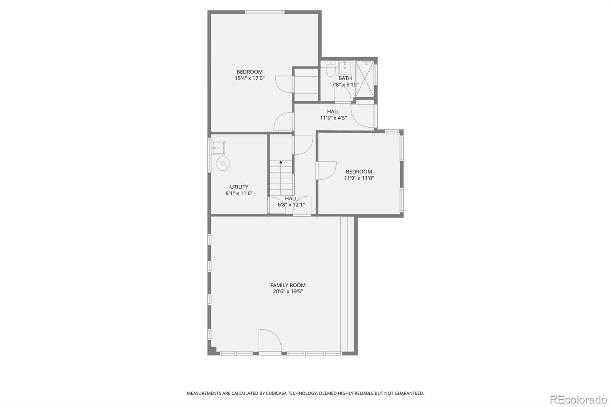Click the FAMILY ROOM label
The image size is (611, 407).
click(x=288, y=285)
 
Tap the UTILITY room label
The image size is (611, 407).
click(x=239, y=187)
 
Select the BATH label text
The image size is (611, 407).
click(x=345, y=78)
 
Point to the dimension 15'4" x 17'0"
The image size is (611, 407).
click(x=249, y=78)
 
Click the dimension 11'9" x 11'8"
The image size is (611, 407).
click(x=359, y=178)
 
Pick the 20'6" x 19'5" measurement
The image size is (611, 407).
click(x=288, y=292)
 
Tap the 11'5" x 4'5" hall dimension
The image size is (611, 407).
click(x=333, y=118)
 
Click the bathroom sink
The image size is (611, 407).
click(x=345, y=68)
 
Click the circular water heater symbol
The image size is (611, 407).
click(x=223, y=164)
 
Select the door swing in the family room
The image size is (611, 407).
click(x=269, y=341)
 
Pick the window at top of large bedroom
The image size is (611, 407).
click(x=265, y=12)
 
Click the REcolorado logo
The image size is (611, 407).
click(x=578, y=399)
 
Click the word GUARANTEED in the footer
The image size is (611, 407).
click(x=409, y=393)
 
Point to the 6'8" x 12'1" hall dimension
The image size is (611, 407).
click(x=291, y=205)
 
